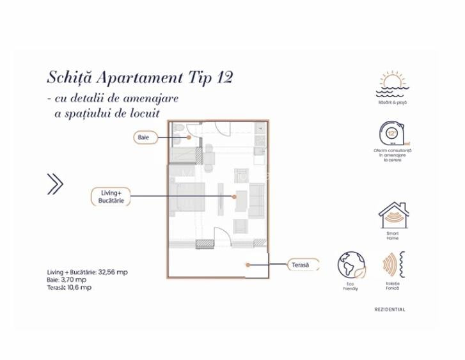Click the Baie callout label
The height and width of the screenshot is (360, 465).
(143, 137)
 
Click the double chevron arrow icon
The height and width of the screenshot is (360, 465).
(56, 184)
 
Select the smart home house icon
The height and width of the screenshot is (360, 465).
(393, 216)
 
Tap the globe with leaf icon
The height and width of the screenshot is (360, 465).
(352, 265)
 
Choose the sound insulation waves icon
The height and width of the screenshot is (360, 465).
(391, 265)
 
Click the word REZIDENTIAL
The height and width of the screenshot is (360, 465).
(390, 309)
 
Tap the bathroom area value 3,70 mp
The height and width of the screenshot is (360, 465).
(75, 279)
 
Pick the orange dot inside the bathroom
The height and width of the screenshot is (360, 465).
(189, 136)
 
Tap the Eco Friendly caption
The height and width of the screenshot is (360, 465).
(351, 286)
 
